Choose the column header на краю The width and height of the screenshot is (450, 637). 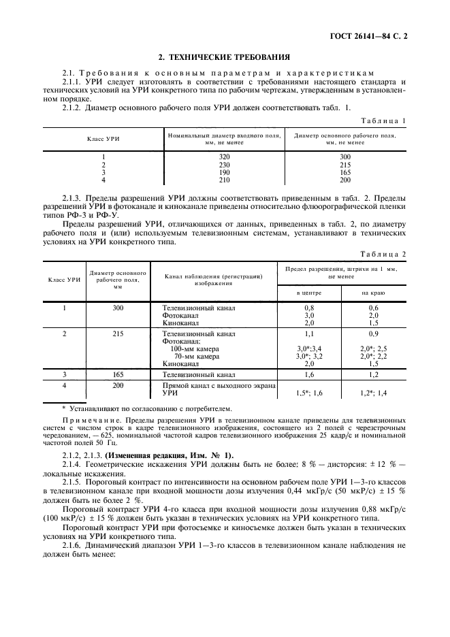373,293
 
